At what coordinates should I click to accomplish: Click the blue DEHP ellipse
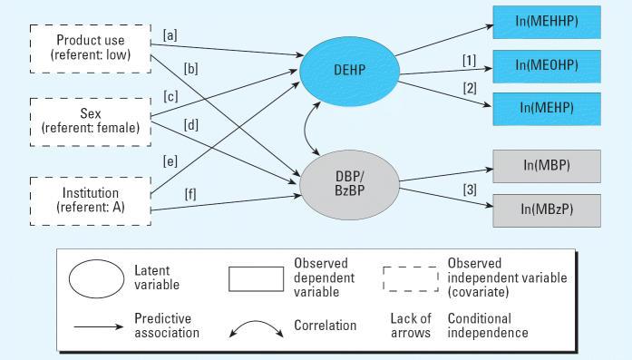[349, 71]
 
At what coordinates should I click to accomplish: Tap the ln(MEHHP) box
[546, 21]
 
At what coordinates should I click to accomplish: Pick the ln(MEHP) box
[546, 107]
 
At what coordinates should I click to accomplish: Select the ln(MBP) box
[546, 166]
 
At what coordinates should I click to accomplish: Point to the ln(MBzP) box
[546, 209]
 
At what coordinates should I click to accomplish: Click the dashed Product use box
[91, 46]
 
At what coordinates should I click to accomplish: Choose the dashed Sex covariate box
[91, 121]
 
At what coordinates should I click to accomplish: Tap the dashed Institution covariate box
[91, 199]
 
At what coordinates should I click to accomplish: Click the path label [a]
[170, 35]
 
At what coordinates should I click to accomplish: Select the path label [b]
[190, 68]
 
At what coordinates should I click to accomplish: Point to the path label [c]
[170, 95]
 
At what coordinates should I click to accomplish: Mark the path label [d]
[190, 125]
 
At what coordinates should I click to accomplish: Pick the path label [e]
[170, 161]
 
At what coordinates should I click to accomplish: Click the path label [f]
[190, 192]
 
